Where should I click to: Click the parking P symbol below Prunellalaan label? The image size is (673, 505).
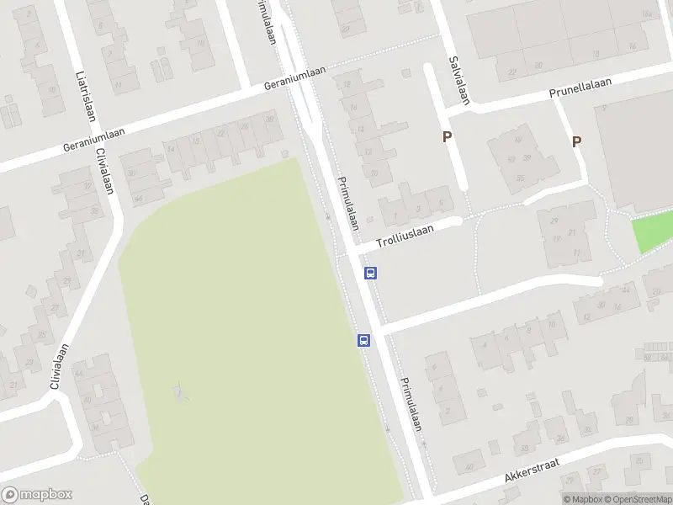576,142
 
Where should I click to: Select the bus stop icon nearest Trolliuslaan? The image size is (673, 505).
370,273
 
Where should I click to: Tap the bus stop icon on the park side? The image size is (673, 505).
363,341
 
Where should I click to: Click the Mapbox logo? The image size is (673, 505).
37,495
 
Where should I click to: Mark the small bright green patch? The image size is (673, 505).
653,231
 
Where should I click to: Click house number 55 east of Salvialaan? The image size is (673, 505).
521,178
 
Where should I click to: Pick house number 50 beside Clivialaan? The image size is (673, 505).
132,174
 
